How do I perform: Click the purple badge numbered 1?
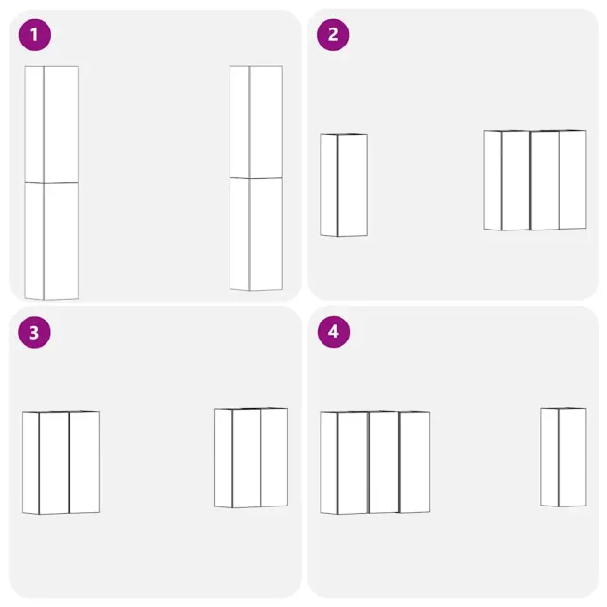(x=35, y=35)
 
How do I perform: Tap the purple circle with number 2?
(x=333, y=35)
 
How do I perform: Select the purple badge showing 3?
(x=34, y=332)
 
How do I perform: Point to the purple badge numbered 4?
(x=334, y=332)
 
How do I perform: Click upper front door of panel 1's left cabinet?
(x=61, y=124)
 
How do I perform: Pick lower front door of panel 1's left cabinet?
(x=61, y=241)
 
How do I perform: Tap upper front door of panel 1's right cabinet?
(x=266, y=122)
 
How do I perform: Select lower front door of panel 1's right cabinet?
(x=266, y=234)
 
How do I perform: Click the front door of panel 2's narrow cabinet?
(x=352, y=185)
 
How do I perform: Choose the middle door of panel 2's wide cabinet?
(x=544, y=180)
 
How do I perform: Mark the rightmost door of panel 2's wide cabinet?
(x=573, y=179)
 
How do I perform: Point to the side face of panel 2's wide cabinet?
(x=492, y=180)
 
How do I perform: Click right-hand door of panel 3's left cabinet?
(x=84, y=462)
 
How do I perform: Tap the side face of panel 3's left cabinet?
(x=30, y=463)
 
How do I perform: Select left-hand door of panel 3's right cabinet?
(x=247, y=458)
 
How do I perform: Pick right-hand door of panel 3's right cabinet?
(x=274, y=457)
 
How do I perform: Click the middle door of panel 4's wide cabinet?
(x=384, y=462)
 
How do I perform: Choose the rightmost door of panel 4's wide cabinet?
(x=414, y=462)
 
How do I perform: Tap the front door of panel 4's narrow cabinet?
(x=572, y=457)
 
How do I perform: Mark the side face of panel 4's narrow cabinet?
(x=549, y=457)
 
